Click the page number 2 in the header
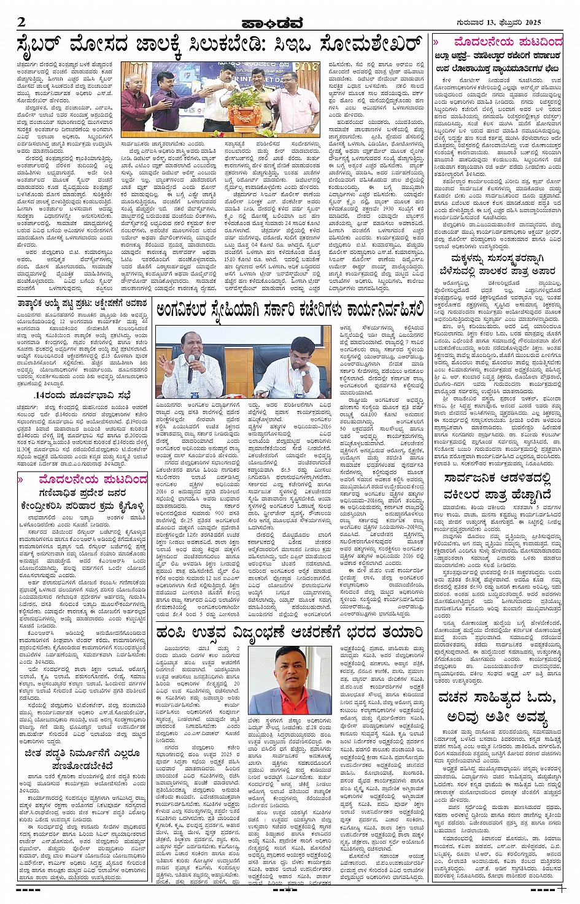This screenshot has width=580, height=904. point(21,22)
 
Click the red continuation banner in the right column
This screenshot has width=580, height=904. point(498,42)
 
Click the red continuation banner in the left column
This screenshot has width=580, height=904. point(83,479)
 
